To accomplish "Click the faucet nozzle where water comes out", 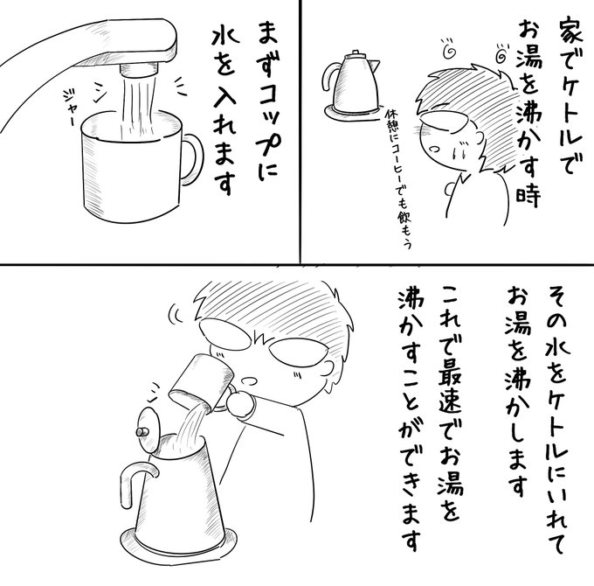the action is pos(139,68).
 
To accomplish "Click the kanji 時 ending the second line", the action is pos(528,195).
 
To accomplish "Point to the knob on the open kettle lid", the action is pos(142,432).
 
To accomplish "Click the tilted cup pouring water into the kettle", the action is pos(197,383).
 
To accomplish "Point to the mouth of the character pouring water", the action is pos(249,380).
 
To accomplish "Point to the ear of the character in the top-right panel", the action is pos(478,139).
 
